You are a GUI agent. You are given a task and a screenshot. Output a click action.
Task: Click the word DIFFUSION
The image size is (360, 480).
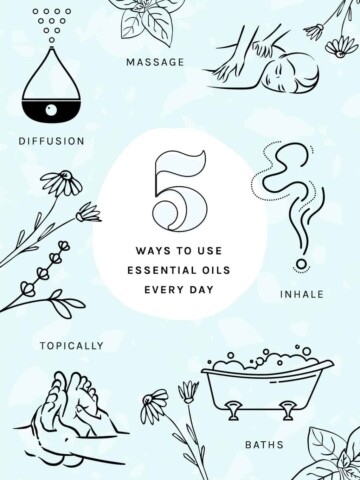51,141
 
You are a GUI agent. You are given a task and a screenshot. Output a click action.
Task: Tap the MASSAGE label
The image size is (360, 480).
155,62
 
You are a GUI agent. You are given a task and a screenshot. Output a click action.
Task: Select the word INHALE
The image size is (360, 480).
302,294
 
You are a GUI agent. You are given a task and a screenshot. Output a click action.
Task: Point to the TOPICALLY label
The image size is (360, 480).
72,346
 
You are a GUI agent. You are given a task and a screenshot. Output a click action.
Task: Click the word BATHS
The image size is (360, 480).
264,444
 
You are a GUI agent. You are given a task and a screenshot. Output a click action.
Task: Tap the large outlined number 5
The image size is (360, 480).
180,190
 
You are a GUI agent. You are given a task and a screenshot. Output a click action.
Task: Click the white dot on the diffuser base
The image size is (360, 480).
51,110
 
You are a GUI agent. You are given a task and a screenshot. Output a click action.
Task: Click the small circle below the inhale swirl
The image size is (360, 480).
301,264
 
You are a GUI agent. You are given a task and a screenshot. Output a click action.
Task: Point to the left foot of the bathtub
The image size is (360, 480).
233,410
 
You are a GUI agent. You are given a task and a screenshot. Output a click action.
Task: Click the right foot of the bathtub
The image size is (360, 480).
287,410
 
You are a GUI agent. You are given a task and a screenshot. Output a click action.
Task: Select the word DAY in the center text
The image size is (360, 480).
201,289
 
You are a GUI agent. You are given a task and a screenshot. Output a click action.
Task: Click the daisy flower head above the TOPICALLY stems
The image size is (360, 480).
64,183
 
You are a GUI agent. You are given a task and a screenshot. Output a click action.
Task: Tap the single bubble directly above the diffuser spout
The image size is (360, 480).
52,40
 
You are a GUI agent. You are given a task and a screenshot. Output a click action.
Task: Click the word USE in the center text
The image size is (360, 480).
210,251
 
